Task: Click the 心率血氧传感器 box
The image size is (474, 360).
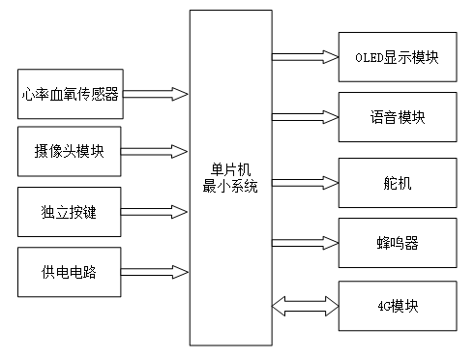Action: coord(69,95)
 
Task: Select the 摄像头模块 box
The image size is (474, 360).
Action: coord(69,151)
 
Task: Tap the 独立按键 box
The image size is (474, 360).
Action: coord(69,211)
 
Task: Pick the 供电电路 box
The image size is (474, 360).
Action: coord(69,270)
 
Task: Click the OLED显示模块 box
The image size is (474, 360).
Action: coord(397,57)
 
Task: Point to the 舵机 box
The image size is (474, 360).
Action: coord(397,180)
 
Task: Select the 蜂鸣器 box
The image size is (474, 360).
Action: coord(397,241)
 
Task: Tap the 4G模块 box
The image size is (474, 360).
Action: coord(397,305)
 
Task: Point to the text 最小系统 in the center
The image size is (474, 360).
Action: coord(230,187)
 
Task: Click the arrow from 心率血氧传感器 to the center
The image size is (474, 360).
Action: coord(155,95)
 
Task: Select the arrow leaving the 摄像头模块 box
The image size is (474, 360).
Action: coord(155,151)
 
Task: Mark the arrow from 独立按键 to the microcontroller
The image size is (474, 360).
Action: coord(155,211)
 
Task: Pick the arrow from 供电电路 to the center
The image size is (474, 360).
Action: coord(155,270)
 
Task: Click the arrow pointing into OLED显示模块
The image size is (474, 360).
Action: coord(305,57)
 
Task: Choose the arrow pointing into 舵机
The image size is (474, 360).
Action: coord(305,180)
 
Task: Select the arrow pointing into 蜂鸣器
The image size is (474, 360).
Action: coord(305,241)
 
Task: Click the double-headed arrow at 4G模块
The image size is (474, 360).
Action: coord(305,305)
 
